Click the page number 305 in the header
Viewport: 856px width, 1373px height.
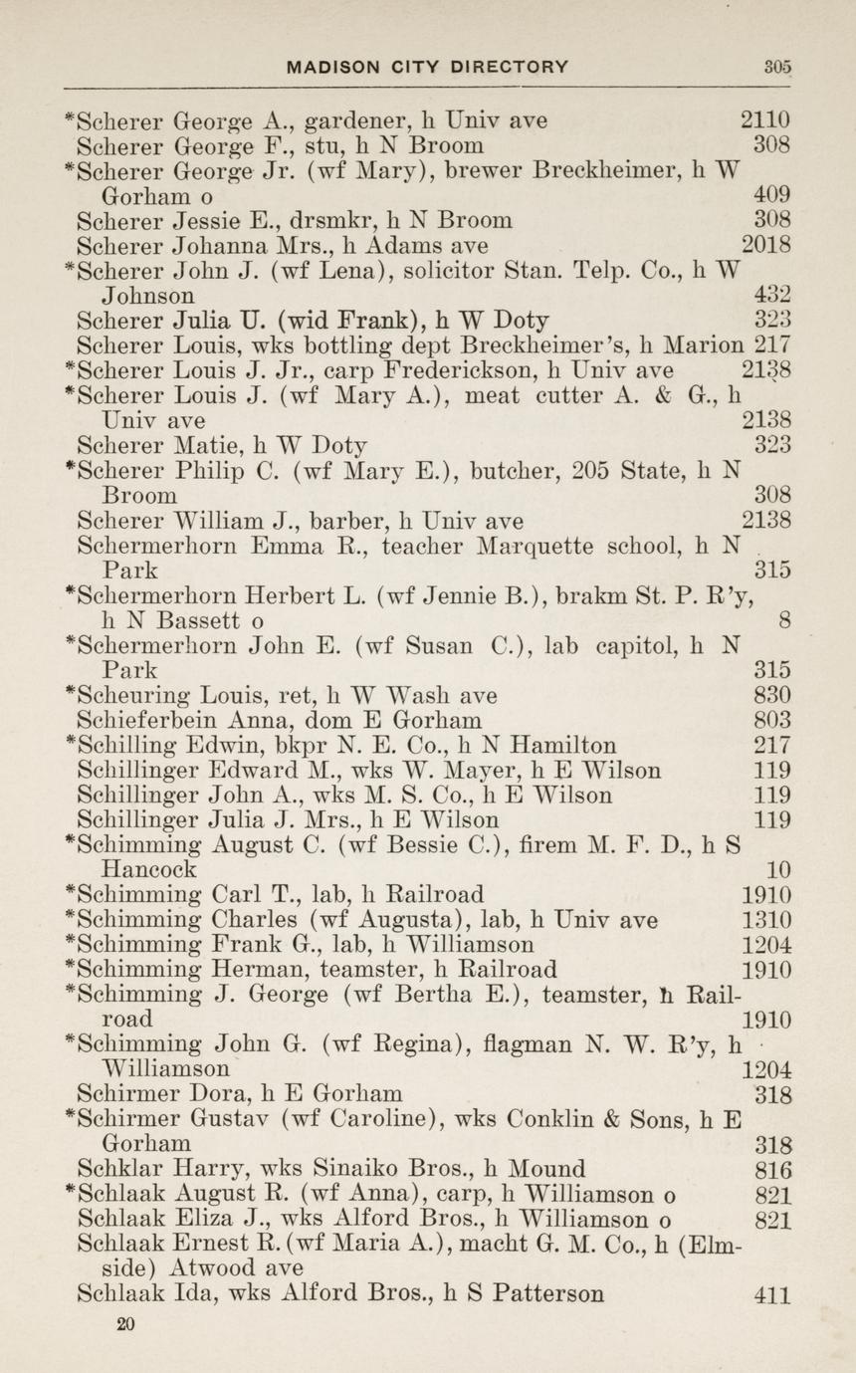pyautogui.click(x=777, y=68)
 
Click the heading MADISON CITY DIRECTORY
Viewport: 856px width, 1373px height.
pyautogui.click(x=427, y=68)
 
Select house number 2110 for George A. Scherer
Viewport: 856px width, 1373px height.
pyautogui.click(x=765, y=120)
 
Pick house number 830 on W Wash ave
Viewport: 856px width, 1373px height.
pyautogui.click(x=772, y=695)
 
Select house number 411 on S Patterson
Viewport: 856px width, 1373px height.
pyautogui.click(x=773, y=1295)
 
